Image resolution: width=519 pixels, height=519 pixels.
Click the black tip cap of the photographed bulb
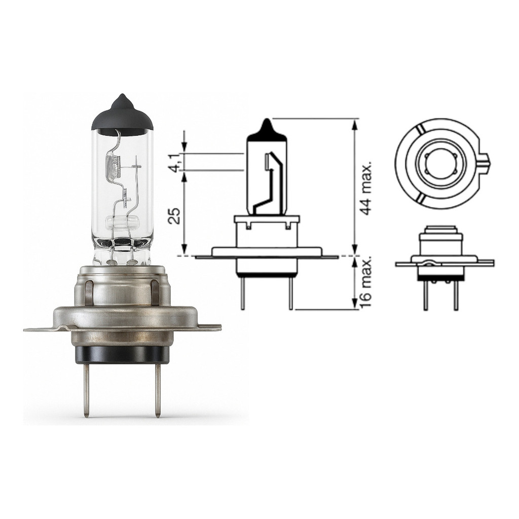click(122, 116)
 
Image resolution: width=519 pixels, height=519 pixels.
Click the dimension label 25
click(175, 215)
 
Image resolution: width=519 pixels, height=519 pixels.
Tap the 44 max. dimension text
click(366, 188)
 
